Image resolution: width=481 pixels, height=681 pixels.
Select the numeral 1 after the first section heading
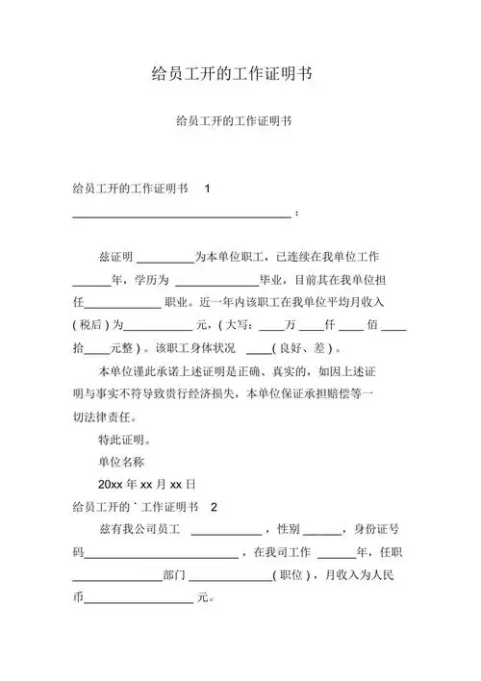pyautogui.click(x=208, y=189)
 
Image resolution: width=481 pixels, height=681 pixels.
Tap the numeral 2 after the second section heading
pyautogui.click(x=215, y=507)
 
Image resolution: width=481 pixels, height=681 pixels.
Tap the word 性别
pyautogui.click(x=289, y=530)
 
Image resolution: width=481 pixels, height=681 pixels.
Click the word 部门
pyautogui.click(x=175, y=575)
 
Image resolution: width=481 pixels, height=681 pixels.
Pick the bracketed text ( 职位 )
pyautogui.click(x=291, y=575)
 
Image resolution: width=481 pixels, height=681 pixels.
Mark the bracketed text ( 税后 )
pyautogui.click(x=94, y=325)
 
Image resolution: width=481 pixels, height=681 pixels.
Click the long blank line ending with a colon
pyautogui.click(x=183, y=213)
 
